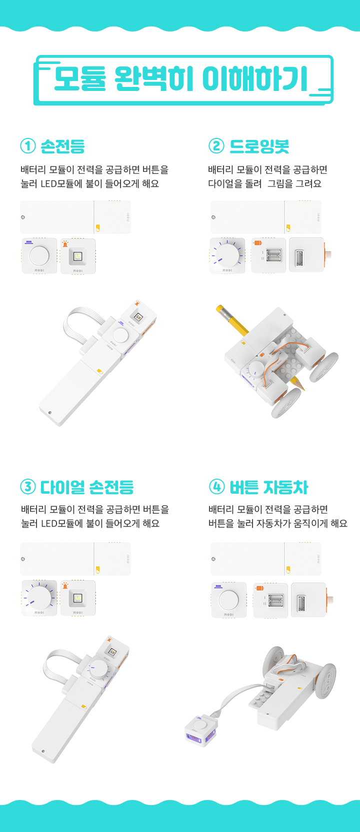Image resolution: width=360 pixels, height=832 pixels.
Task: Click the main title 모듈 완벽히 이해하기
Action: click(x=181, y=79)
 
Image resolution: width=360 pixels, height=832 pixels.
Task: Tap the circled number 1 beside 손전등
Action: click(x=28, y=146)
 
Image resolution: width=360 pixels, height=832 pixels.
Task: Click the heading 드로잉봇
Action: click(x=259, y=146)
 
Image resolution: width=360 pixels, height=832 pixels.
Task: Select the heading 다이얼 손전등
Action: click(x=87, y=487)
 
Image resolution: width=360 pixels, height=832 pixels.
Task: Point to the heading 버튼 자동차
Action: click(x=268, y=487)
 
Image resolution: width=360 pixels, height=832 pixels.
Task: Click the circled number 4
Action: click(x=216, y=487)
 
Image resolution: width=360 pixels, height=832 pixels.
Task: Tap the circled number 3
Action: click(x=28, y=487)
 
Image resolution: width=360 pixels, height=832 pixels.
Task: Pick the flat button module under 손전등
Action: click(x=39, y=256)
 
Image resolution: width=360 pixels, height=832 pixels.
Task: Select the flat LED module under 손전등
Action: click(x=77, y=256)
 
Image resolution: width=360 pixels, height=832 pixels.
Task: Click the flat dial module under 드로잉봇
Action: click(x=227, y=256)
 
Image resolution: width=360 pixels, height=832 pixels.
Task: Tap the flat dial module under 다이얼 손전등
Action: click(x=39, y=598)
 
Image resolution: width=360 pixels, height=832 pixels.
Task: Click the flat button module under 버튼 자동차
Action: click(x=229, y=600)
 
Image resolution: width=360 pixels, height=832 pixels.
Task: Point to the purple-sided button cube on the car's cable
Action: click(x=201, y=731)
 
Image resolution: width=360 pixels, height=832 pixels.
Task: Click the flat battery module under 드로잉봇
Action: click(x=265, y=217)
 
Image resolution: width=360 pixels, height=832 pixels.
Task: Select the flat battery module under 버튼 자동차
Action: click(x=265, y=559)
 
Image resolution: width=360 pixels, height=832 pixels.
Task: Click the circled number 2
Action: click(x=216, y=146)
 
